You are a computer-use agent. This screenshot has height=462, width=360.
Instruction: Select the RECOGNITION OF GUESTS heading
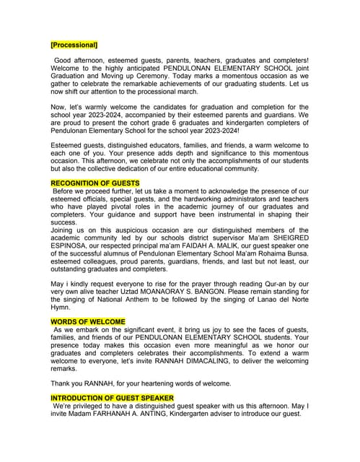click(x=95, y=183)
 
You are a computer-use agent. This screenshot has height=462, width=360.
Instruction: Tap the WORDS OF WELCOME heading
click(x=88, y=321)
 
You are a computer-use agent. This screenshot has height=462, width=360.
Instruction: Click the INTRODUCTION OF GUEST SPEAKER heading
click(x=112, y=398)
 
